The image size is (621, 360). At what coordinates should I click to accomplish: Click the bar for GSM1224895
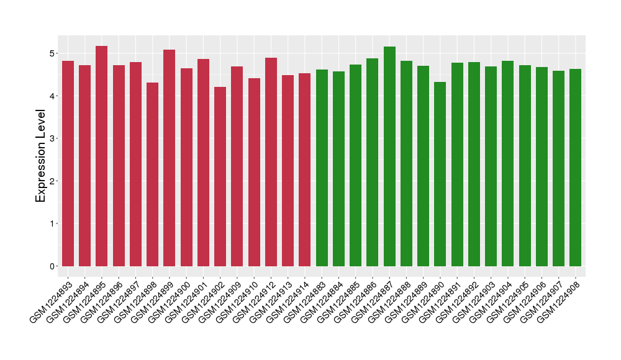(102, 156)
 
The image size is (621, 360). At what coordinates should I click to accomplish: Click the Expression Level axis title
(41, 156)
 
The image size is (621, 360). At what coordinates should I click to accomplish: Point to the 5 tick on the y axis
(53, 53)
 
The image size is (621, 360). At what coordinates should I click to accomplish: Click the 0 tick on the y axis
(53, 266)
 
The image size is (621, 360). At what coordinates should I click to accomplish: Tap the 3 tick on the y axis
(53, 138)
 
